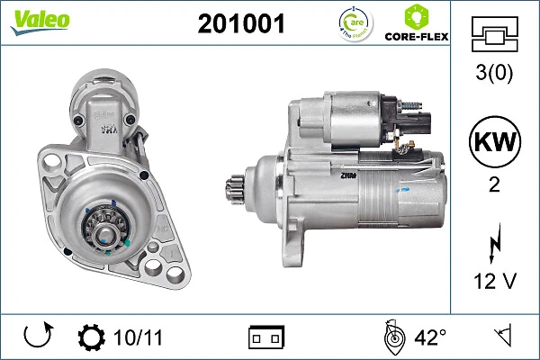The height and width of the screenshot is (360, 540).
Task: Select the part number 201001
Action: (x=240, y=24)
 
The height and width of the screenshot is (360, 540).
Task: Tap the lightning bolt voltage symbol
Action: (x=493, y=242)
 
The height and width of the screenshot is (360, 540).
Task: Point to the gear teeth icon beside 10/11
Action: (x=92, y=338)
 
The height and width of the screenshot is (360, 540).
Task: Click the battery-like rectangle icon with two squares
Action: (x=265, y=338)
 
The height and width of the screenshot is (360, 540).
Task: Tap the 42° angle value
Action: (x=429, y=338)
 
